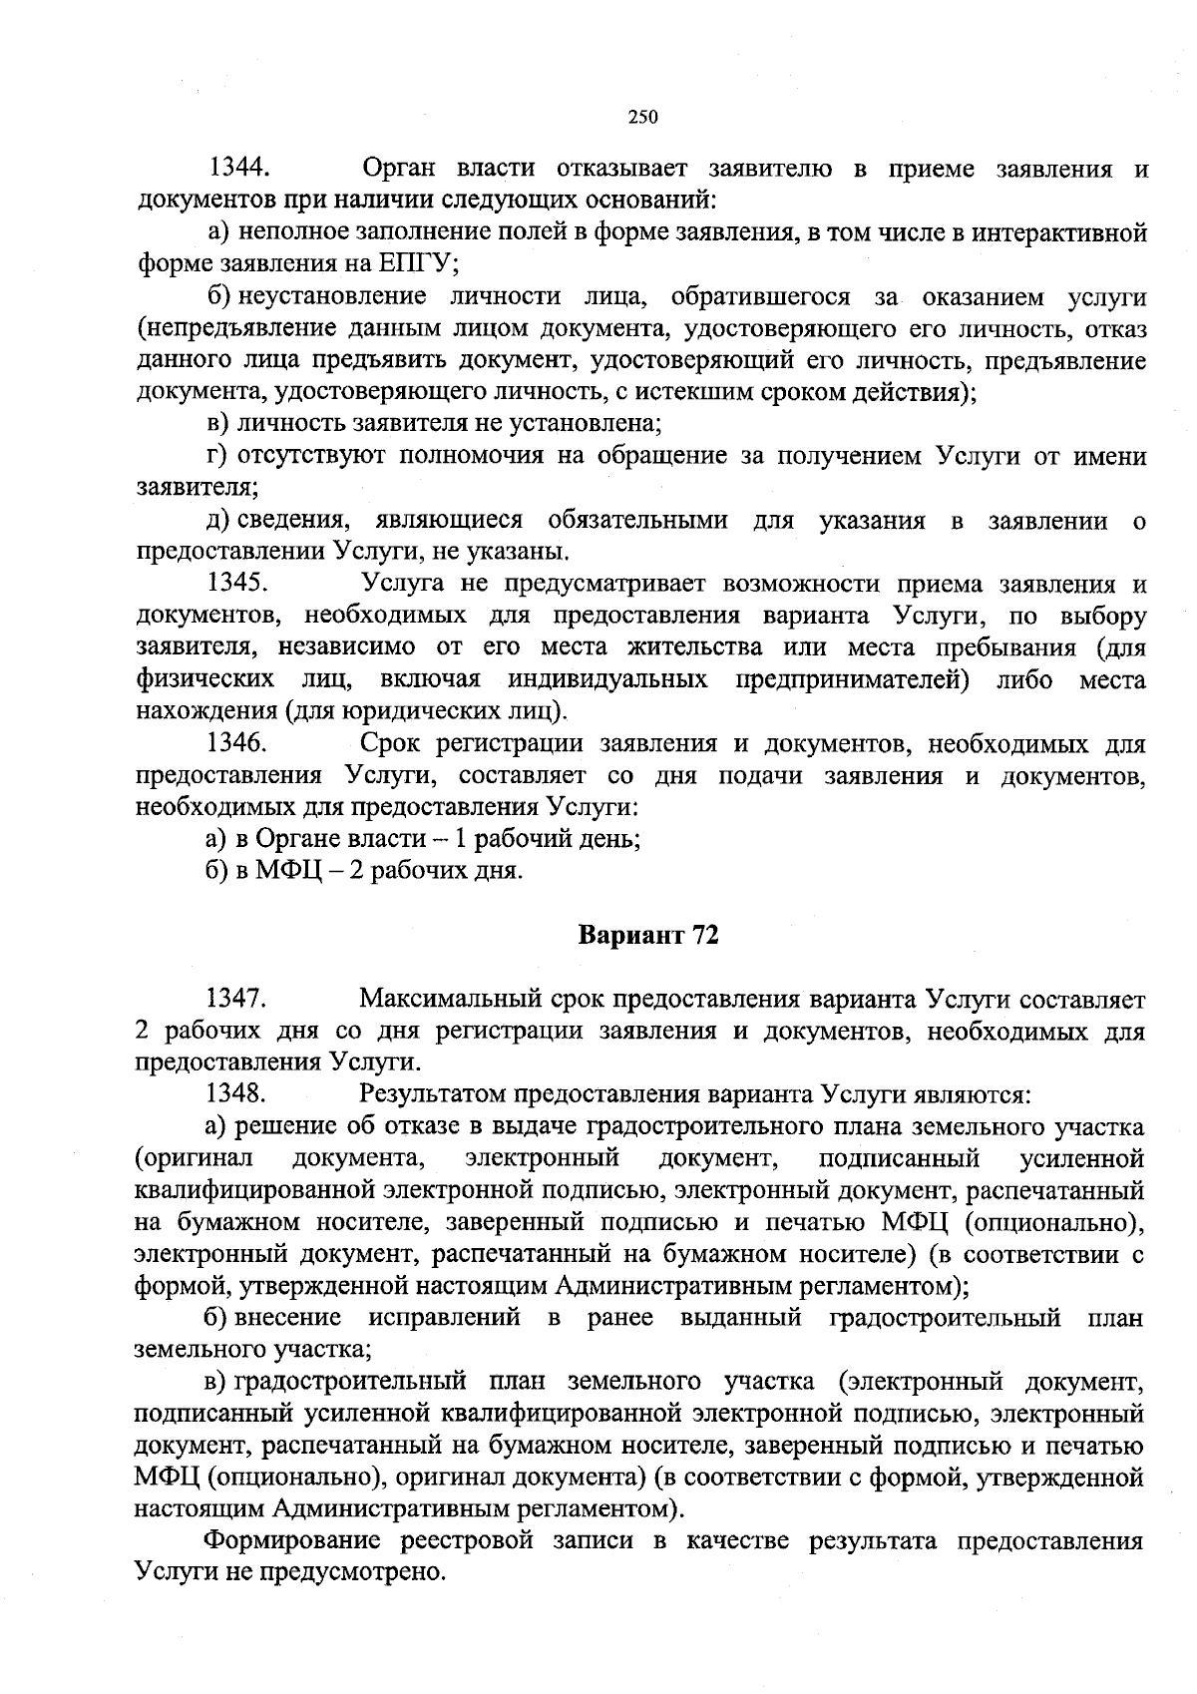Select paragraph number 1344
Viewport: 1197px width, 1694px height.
click(239, 169)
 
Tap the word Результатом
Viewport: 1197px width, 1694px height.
click(430, 1094)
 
